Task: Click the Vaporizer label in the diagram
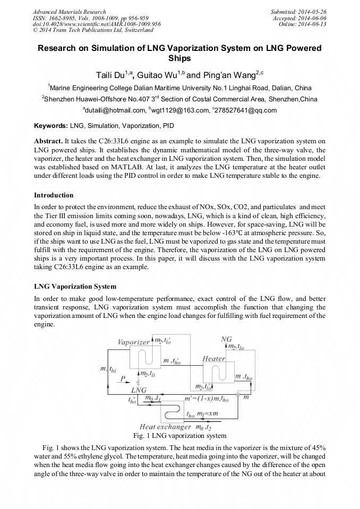133,342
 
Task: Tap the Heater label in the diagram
214,359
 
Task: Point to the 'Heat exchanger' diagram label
165,427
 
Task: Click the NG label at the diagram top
226,339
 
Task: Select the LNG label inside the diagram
139,390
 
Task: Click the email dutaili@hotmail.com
114,110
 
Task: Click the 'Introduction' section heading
54,195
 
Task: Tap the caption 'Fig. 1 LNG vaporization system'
180,436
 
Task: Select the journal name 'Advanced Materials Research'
69,12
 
